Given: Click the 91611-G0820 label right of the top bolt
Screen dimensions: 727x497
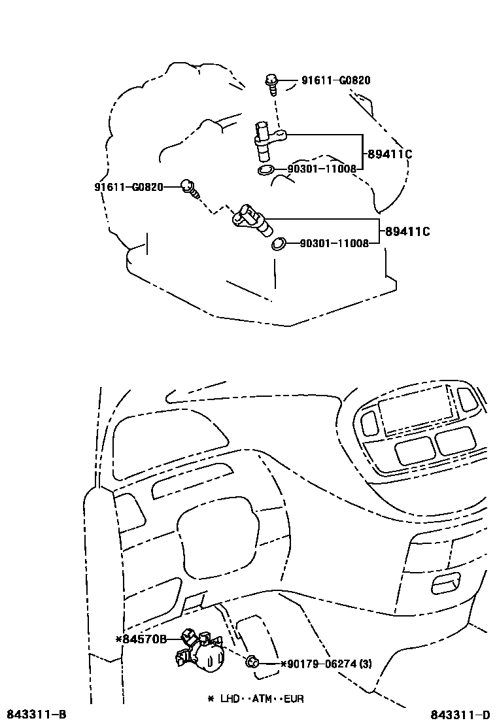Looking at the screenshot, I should point(335,81).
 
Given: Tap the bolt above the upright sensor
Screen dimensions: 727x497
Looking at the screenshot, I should point(271,83).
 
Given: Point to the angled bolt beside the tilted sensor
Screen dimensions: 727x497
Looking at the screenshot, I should point(190,188).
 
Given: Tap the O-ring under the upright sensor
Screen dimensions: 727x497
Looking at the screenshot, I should point(266,171).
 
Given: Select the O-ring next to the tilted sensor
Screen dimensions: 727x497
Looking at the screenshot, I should point(279,244).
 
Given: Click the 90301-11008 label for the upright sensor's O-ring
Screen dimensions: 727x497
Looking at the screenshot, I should point(322,169).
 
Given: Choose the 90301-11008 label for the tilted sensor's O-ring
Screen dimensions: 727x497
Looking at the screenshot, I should point(334,243).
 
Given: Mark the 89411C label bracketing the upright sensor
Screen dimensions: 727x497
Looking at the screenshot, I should point(389,155).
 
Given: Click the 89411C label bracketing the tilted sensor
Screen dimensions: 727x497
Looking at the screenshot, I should point(407,231).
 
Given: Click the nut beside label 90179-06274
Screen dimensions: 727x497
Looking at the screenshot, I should point(252,663).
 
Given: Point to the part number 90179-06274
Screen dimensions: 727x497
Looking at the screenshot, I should point(318,664).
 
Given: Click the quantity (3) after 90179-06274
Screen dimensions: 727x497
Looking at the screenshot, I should point(365,664).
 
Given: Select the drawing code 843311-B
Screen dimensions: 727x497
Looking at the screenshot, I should point(36,714).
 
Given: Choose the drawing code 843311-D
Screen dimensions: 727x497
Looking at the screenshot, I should point(460,714).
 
